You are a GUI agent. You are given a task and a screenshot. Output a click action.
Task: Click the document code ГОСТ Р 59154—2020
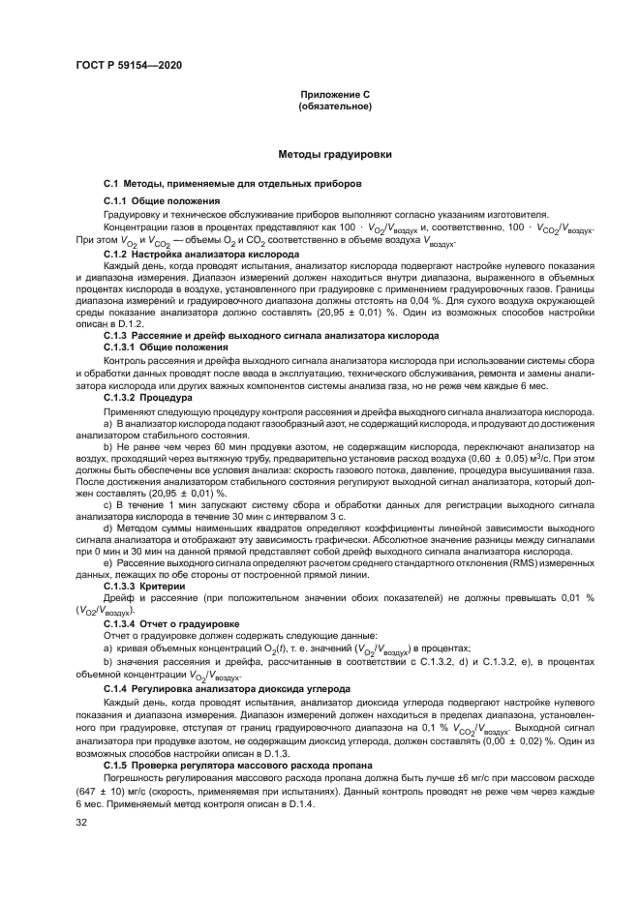click(x=128, y=65)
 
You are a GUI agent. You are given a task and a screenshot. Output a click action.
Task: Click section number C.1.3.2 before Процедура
click(x=122, y=398)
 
